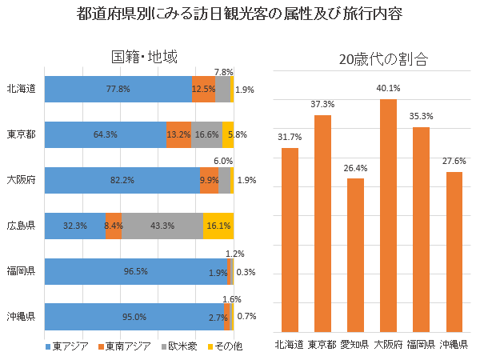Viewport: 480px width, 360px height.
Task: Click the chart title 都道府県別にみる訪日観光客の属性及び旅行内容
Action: click(x=240, y=14)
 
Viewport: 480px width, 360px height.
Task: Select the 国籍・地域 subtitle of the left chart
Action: click(x=144, y=57)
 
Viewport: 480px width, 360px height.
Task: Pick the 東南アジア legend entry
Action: click(x=125, y=346)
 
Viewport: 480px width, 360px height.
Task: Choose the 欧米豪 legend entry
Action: click(x=181, y=346)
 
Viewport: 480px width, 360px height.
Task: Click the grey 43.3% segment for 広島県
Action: click(x=162, y=226)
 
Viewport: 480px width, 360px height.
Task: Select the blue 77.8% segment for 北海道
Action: click(x=118, y=90)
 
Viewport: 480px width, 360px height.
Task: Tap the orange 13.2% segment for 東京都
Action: click(x=178, y=134)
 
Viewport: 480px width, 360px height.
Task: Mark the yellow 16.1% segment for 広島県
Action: click(x=218, y=226)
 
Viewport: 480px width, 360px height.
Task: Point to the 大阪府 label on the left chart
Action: click(x=20, y=180)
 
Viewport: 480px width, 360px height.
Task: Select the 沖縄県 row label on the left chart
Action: click(x=20, y=316)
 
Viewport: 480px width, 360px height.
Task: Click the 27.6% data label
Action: click(x=454, y=162)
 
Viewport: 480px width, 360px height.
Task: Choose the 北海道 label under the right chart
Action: click(x=290, y=345)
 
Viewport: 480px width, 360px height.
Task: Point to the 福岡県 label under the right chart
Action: click(x=421, y=345)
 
